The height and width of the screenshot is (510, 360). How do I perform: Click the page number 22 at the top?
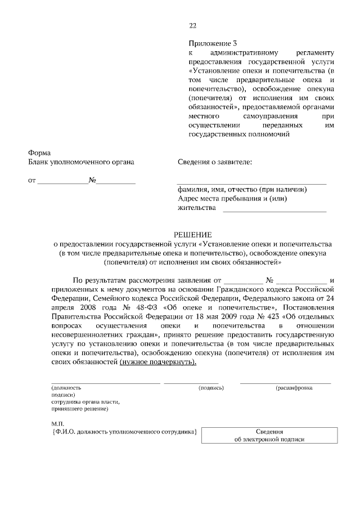[193, 25]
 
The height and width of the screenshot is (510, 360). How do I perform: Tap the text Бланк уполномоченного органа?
[82, 163]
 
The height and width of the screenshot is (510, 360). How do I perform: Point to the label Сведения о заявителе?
[215, 163]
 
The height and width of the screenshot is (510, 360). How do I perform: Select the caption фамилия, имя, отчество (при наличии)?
[242, 190]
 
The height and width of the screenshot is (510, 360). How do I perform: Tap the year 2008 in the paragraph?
[78, 307]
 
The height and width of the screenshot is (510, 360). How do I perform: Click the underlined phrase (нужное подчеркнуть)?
[158, 361]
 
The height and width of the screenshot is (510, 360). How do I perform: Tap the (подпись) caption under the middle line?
[211, 388]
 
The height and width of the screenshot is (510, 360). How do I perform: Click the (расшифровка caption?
[294, 388]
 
